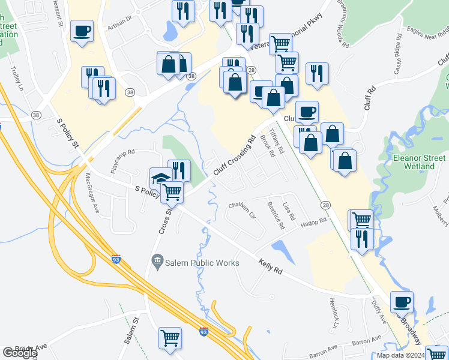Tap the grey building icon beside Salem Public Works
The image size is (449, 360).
pyautogui.click(x=158, y=260)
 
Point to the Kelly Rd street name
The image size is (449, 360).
pyautogui.click(x=271, y=266)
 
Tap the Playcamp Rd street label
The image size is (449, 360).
pyautogui.click(x=123, y=161)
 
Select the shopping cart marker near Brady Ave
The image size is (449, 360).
pyautogui.click(x=170, y=337)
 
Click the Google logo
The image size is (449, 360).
pyautogui.click(x=20, y=353)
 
